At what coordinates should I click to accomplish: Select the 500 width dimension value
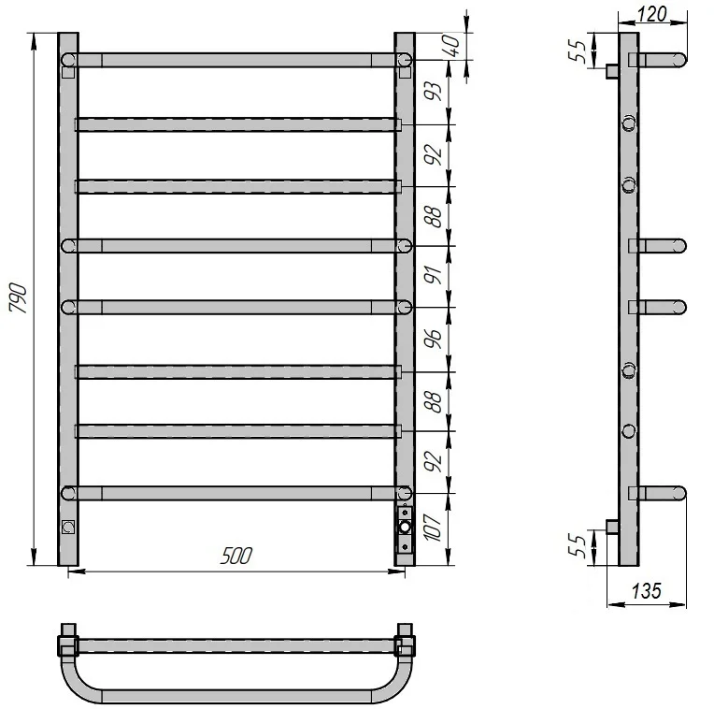pos(236,556)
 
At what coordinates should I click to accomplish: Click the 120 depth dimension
pos(652,15)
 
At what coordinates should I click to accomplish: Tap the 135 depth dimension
pos(646,590)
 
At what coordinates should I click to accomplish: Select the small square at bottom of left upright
pos(67,526)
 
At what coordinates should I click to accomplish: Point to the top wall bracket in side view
pos(612,71)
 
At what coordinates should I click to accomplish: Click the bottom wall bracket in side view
pos(612,527)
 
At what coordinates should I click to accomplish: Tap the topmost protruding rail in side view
pos(658,60)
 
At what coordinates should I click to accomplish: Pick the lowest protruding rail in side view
pos(658,492)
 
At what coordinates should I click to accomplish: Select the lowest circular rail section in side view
pos(629,430)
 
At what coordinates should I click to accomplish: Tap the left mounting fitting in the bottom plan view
pos(68,641)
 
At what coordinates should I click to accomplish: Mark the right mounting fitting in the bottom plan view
pos(405,641)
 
